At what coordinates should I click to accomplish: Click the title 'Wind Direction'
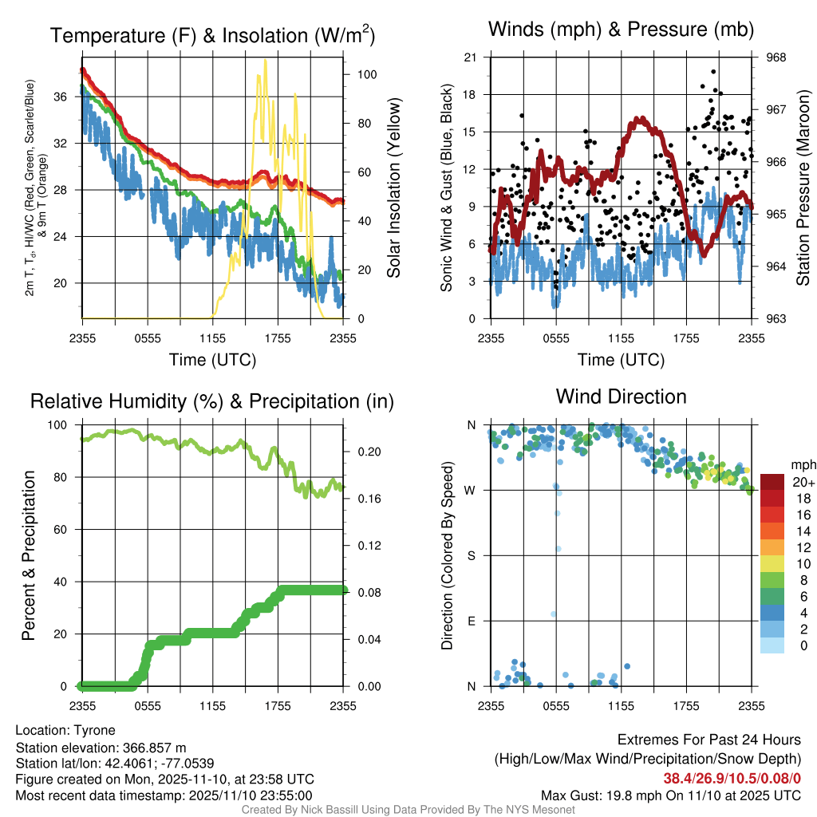[621, 397]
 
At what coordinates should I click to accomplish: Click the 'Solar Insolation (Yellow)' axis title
[393, 188]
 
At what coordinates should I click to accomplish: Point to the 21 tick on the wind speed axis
[470, 57]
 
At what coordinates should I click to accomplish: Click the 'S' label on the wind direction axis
[471, 555]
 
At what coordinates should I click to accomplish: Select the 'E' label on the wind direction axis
[471, 621]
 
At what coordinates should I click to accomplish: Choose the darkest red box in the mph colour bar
[772, 482]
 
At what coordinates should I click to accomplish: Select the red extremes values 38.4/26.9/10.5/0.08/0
[732, 778]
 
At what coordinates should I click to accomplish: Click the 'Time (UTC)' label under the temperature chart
[212, 360]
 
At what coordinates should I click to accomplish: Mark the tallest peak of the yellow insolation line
[258, 74]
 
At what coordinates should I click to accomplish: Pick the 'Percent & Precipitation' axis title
[29, 555]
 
